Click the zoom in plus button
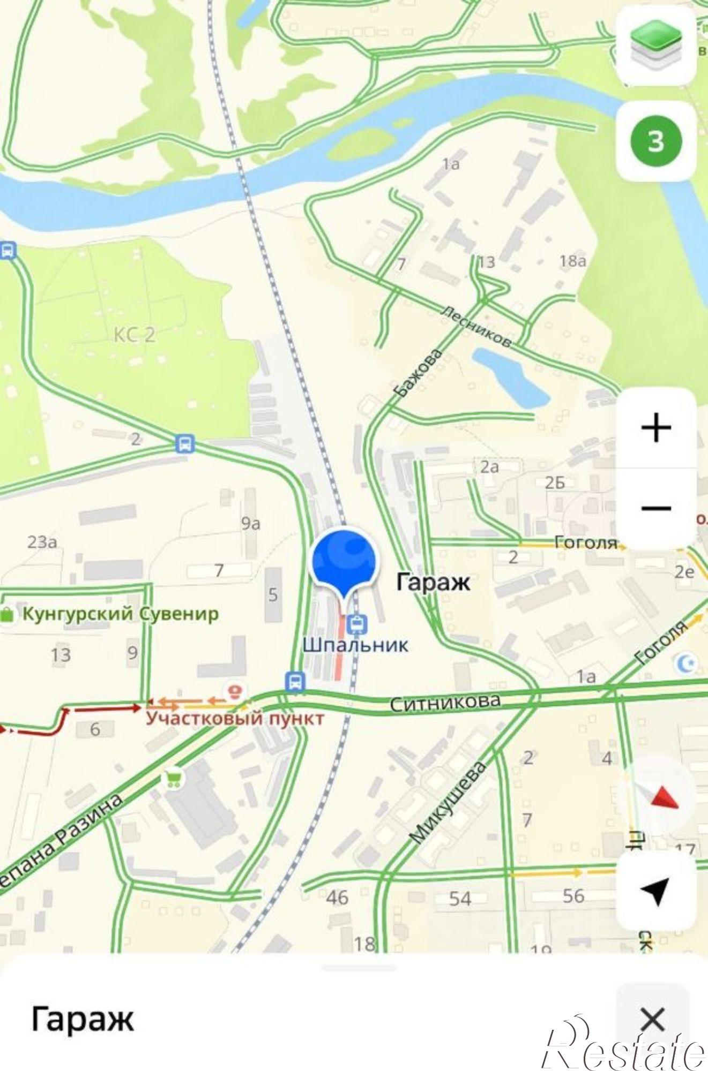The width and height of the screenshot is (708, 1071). click(656, 427)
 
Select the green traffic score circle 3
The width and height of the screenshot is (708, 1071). click(656, 141)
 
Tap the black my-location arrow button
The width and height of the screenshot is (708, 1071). click(656, 890)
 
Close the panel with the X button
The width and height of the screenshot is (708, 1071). click(652, 1019)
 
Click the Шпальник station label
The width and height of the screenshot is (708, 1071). click(355, 644)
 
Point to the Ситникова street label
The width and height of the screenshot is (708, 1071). click(445, 702)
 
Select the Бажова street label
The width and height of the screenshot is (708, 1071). click(418, 373)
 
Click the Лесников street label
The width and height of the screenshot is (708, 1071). click(476, 326)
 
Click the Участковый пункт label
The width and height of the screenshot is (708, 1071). click(235, 718)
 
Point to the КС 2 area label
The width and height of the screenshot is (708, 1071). click(134, 335)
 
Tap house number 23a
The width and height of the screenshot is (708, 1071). click(42, 542)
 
